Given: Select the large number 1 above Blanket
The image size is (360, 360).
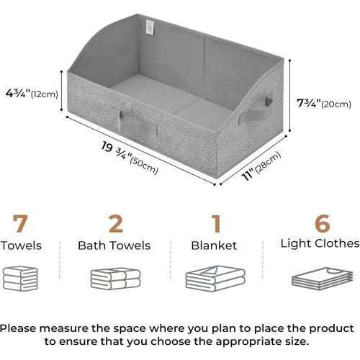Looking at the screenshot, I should pos(215,224).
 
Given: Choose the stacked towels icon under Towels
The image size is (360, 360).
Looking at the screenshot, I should pos(19,278).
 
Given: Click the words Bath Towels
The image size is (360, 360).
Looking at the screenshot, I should pos(114,246).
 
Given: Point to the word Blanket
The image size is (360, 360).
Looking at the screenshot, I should pos(214,246).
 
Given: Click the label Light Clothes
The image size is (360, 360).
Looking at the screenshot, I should pos(319,244).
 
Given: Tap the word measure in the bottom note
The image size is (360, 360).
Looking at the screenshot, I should pos(82,328).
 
